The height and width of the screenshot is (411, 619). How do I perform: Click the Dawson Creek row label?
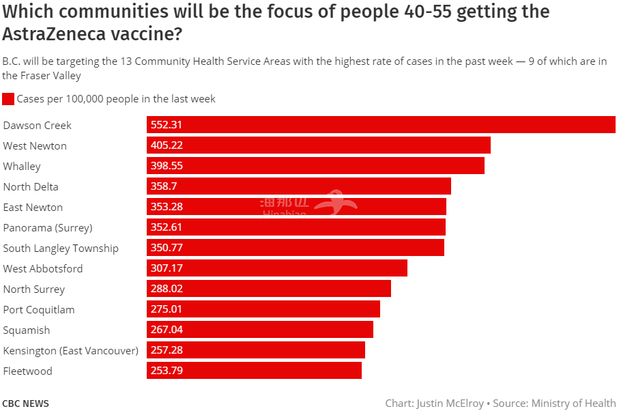(x=38, y=126)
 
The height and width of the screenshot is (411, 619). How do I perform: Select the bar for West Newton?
(x=319, y=145)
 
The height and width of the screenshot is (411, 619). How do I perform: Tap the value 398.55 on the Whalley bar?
(x=167, y=166)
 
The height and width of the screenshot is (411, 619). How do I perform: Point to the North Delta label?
(x=31, y=187)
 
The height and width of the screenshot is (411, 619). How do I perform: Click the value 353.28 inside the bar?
(x=167, y=207)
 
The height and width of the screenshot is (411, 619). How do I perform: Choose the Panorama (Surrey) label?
(x=48, y=228)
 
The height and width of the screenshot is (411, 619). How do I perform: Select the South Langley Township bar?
(x=296, y=248)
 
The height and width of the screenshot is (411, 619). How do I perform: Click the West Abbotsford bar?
(x=277, y=268)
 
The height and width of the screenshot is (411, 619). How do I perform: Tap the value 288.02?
(x=167, y=289)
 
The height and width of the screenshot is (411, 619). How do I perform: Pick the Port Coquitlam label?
(x=39, y=310)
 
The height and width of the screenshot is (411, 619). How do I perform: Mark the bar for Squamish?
(x=260, y=330)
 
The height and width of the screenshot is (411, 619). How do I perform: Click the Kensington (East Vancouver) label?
(x=71, y=351)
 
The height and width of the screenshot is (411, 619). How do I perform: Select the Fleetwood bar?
(x=254, y=371)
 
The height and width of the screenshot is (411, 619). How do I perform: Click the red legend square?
(x=8, y=99)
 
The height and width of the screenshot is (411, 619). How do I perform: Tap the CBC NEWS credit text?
(x=26, y=403)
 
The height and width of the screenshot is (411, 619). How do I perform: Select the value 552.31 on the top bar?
(x=167, y=125)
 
